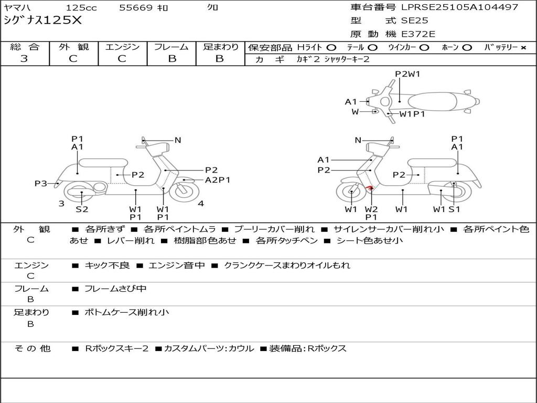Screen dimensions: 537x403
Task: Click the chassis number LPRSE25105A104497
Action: click(460, 7)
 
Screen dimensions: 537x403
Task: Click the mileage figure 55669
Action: click(136, 8)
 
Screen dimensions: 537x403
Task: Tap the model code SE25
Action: click(414, 21)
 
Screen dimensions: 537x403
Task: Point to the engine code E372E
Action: click(418, 34)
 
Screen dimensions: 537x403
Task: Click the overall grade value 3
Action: click(24, 59)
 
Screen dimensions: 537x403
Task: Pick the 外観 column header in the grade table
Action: click(73, 47)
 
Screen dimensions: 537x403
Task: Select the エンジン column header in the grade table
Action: click(122, 47)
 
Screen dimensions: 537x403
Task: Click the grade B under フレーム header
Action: click(171, 59)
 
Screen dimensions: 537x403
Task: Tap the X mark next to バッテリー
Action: click(523, 47)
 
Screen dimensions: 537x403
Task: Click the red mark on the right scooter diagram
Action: click(369, 188)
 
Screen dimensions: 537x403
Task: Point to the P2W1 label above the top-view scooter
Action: click(407, 74)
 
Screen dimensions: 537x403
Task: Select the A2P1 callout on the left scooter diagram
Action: click(217, 180)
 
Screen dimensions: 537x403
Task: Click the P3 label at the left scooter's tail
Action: click(41, 183)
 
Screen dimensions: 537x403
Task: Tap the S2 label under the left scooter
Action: click(82, 209)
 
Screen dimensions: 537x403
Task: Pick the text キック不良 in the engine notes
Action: click(107, 266)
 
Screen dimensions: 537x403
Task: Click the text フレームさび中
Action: click(115, 289)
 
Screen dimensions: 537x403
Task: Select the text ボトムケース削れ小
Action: click(126, 312)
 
